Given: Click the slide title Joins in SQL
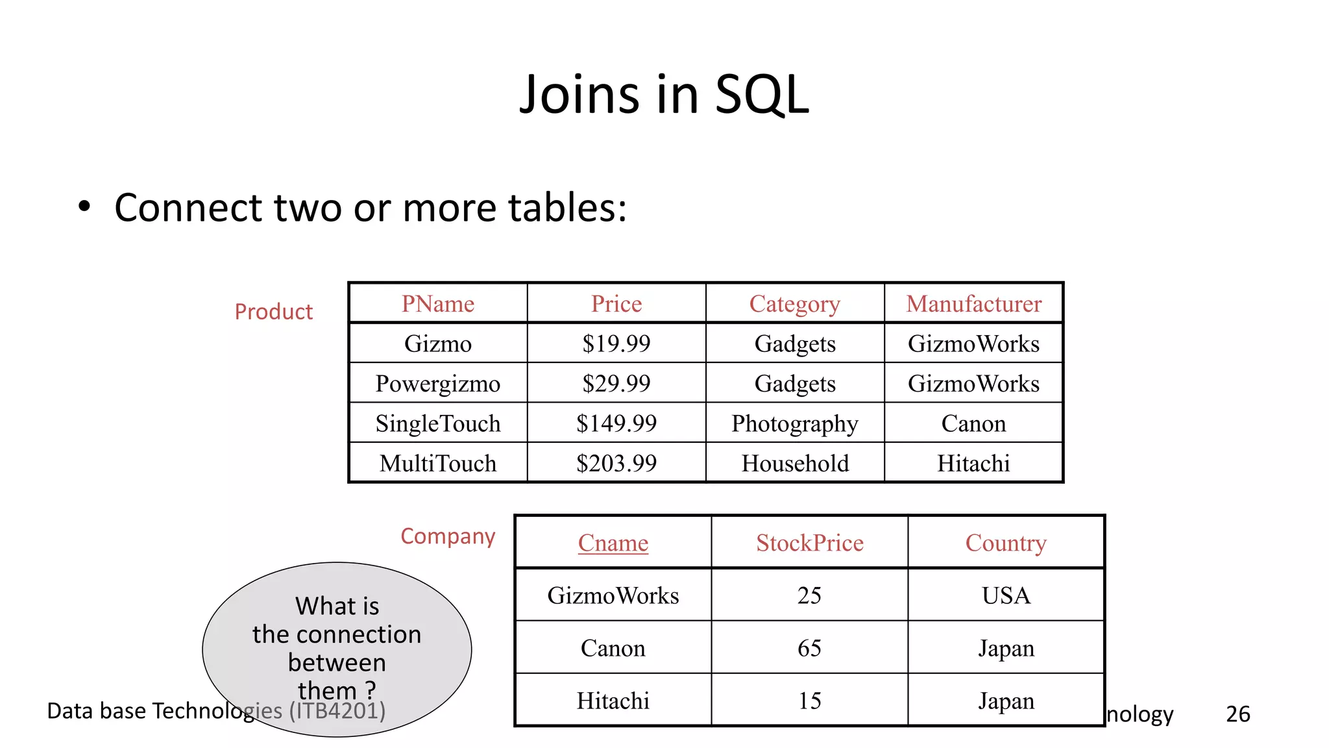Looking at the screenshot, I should point(664,95).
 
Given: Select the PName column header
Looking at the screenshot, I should point(438,304).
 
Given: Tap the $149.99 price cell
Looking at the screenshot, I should point(616,423).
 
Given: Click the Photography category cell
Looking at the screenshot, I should point(795,423).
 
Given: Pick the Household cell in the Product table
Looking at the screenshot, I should point(795,464).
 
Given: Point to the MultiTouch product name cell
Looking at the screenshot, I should point(438,464).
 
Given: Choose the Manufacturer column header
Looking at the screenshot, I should point(973,304).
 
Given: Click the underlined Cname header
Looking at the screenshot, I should point(613,543).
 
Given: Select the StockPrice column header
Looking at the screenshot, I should point(809,543).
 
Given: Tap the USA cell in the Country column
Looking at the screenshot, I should point(1006,595).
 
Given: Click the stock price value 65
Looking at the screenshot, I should point(809,648).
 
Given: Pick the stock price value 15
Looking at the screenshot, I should point(809,701).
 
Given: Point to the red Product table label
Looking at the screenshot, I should point(273,312).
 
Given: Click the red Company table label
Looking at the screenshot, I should point(448,536).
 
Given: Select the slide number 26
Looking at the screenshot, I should point(1238,714).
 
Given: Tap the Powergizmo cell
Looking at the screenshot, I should point(438,384).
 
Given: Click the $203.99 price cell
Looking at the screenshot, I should point(616,464).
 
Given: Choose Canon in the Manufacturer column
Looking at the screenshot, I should point(973,423).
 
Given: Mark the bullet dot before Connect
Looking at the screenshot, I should point(84,207).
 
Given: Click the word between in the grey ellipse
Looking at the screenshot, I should point(337,663).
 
